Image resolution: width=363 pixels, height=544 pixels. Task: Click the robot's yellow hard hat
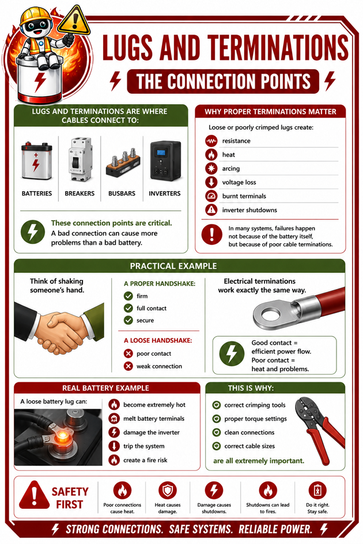click(35, 16)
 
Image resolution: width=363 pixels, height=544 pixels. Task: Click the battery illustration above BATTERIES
click(36, 161)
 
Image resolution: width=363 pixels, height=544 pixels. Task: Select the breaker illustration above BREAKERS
click(80, 159)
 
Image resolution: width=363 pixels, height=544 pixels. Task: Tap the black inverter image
click(165, 160)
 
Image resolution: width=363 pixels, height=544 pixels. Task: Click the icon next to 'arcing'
click(211, 168)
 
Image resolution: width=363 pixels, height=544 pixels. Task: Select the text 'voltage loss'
click(239, 182)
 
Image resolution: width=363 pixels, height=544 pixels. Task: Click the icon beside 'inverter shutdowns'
click(211, 210)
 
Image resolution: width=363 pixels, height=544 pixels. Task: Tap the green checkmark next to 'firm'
click(128, 296)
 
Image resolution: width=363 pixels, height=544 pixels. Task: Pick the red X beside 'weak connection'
click(128, 366)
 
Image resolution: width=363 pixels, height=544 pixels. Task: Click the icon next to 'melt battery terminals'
click(114, 419)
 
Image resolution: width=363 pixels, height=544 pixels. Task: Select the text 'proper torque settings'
click(255, 419)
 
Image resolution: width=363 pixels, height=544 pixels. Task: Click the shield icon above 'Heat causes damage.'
click(168, 490)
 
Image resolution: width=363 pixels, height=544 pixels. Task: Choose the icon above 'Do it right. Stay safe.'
click(317, 490)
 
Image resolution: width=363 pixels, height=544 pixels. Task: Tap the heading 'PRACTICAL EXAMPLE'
click(173, 266)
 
